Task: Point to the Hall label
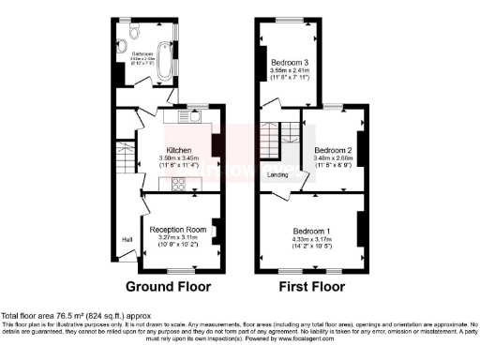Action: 126,240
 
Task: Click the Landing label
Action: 277,174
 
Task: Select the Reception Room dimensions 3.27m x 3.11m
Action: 178,239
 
